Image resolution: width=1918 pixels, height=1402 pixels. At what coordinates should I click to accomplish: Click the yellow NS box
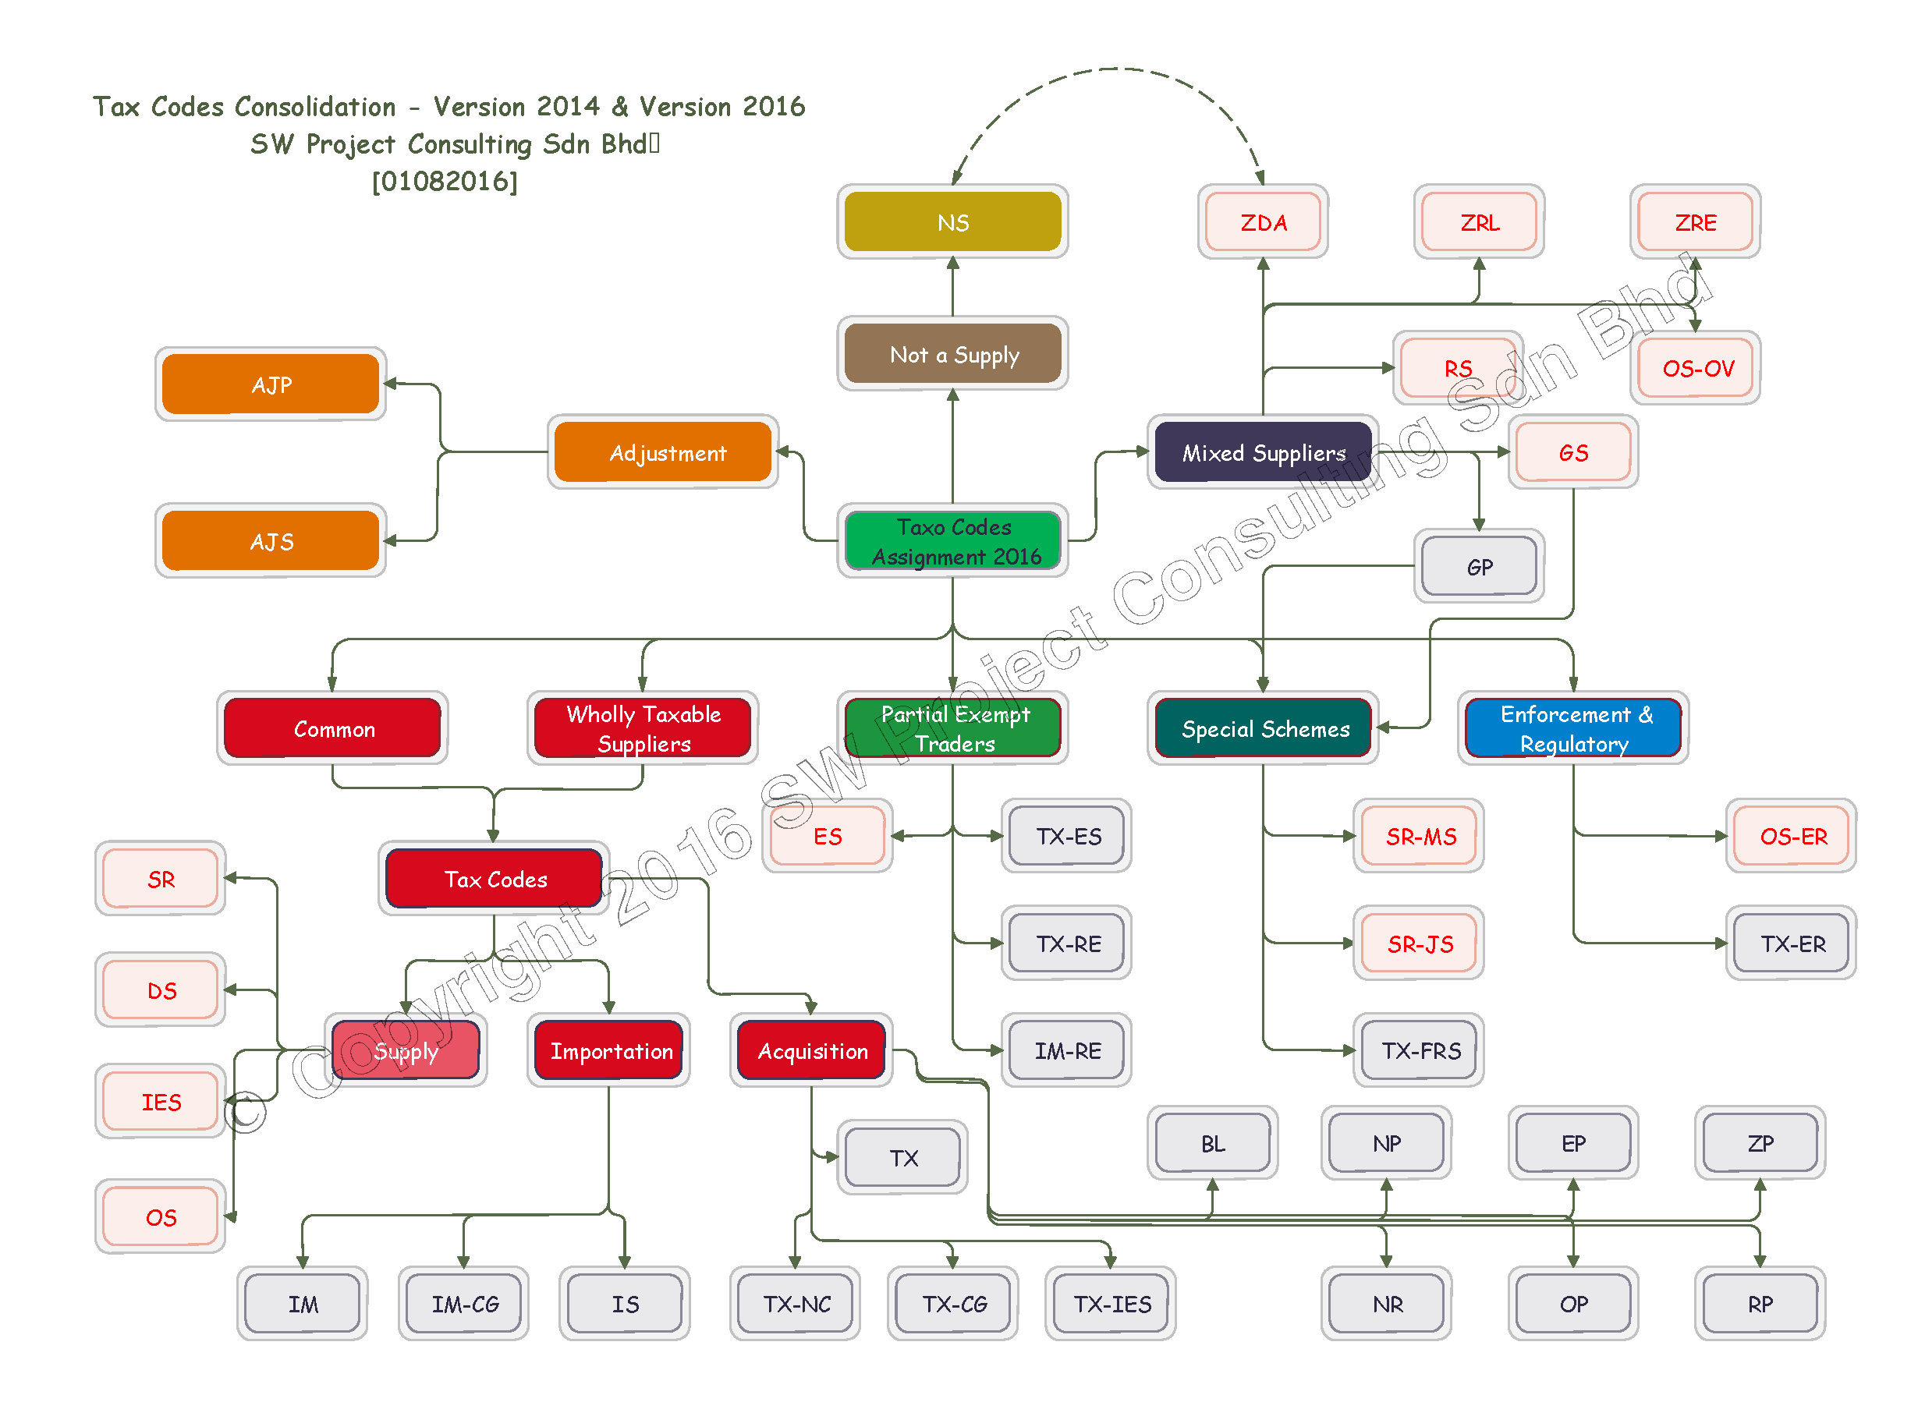tap(952, 221)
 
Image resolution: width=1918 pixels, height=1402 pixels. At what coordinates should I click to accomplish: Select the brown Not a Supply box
tap(952, 354)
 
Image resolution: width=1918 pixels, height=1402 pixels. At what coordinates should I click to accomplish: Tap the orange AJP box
tap(271, 384)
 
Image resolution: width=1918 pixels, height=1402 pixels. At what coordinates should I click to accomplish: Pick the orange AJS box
tap(271, 540)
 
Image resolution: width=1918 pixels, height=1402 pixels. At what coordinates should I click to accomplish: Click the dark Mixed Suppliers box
tap(1262, 452)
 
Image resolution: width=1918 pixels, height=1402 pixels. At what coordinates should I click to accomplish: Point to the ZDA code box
tap(1263, 221)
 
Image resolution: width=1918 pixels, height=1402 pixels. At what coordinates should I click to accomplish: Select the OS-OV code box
tap(1696, 367)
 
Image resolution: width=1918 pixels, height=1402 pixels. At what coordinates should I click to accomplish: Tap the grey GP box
tap(1478, 566)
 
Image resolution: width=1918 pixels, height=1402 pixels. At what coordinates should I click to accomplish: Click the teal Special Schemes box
tap(1263, 728)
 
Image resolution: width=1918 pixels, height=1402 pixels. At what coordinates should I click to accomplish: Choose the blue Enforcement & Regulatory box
tap(1572, 728)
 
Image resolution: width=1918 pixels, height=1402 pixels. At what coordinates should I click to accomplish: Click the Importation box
tap(608, 1050)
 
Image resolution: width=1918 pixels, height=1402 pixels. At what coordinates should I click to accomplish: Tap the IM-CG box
tap(463, 1304)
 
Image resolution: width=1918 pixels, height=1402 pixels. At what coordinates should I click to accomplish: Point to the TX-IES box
tap(1110, 1304)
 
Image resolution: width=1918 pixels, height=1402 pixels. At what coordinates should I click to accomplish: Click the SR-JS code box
tap(1419, 943)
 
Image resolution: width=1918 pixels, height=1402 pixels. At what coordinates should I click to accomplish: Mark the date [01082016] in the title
tap(445, 181)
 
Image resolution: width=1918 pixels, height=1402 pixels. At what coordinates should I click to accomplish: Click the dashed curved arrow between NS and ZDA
tap(1111, 69)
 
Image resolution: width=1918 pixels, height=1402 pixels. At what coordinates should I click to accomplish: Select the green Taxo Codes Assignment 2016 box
tap(952, 540)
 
